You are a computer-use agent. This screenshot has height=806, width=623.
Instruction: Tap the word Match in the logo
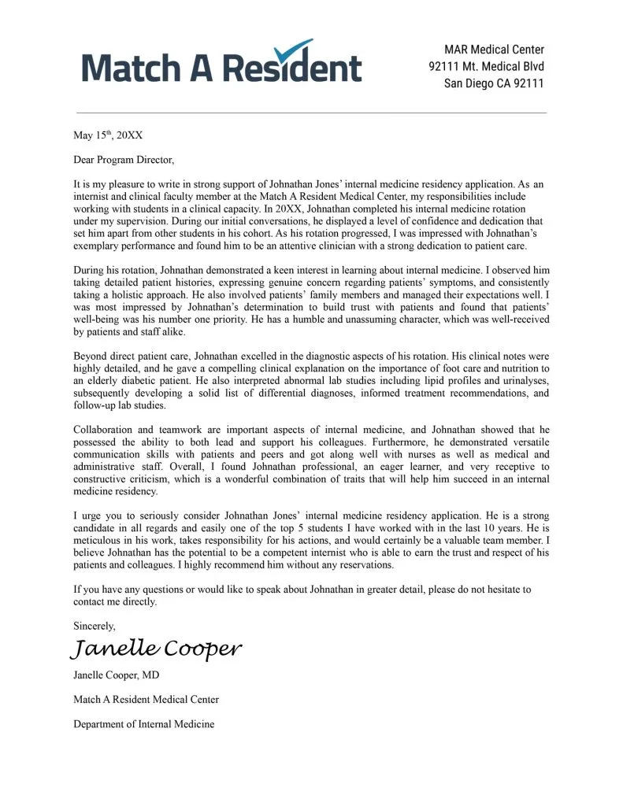click(128, 68)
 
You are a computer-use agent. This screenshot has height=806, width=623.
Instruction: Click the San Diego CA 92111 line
click(494, 84)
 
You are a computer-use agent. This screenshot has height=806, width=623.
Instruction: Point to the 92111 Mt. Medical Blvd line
click(486, 67)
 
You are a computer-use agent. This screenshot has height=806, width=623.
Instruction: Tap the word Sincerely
click(95, 626)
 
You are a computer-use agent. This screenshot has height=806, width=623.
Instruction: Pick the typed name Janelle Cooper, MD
click(117, 675)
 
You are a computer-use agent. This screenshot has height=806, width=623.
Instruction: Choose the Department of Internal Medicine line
click(143, 723)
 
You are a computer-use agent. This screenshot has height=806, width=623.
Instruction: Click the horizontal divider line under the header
click(311, 113)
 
